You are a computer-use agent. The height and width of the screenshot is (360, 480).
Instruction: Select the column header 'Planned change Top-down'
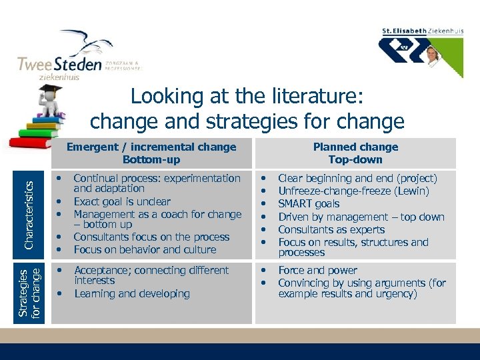pos(355,153)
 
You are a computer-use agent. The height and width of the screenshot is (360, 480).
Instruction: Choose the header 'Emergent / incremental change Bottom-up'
pos(151,153)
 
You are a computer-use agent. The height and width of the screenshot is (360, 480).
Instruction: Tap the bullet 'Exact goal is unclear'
pos(122,201)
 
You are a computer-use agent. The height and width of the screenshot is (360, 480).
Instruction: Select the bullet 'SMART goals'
pos(309,204)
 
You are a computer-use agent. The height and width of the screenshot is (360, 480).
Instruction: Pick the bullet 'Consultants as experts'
pos(331,229)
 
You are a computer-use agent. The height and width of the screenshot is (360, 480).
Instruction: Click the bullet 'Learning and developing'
pos(132,293)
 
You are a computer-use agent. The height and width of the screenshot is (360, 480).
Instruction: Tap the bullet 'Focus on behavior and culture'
pos(145,249)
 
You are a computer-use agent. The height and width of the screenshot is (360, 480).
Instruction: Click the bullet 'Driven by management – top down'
pos(361,217)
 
